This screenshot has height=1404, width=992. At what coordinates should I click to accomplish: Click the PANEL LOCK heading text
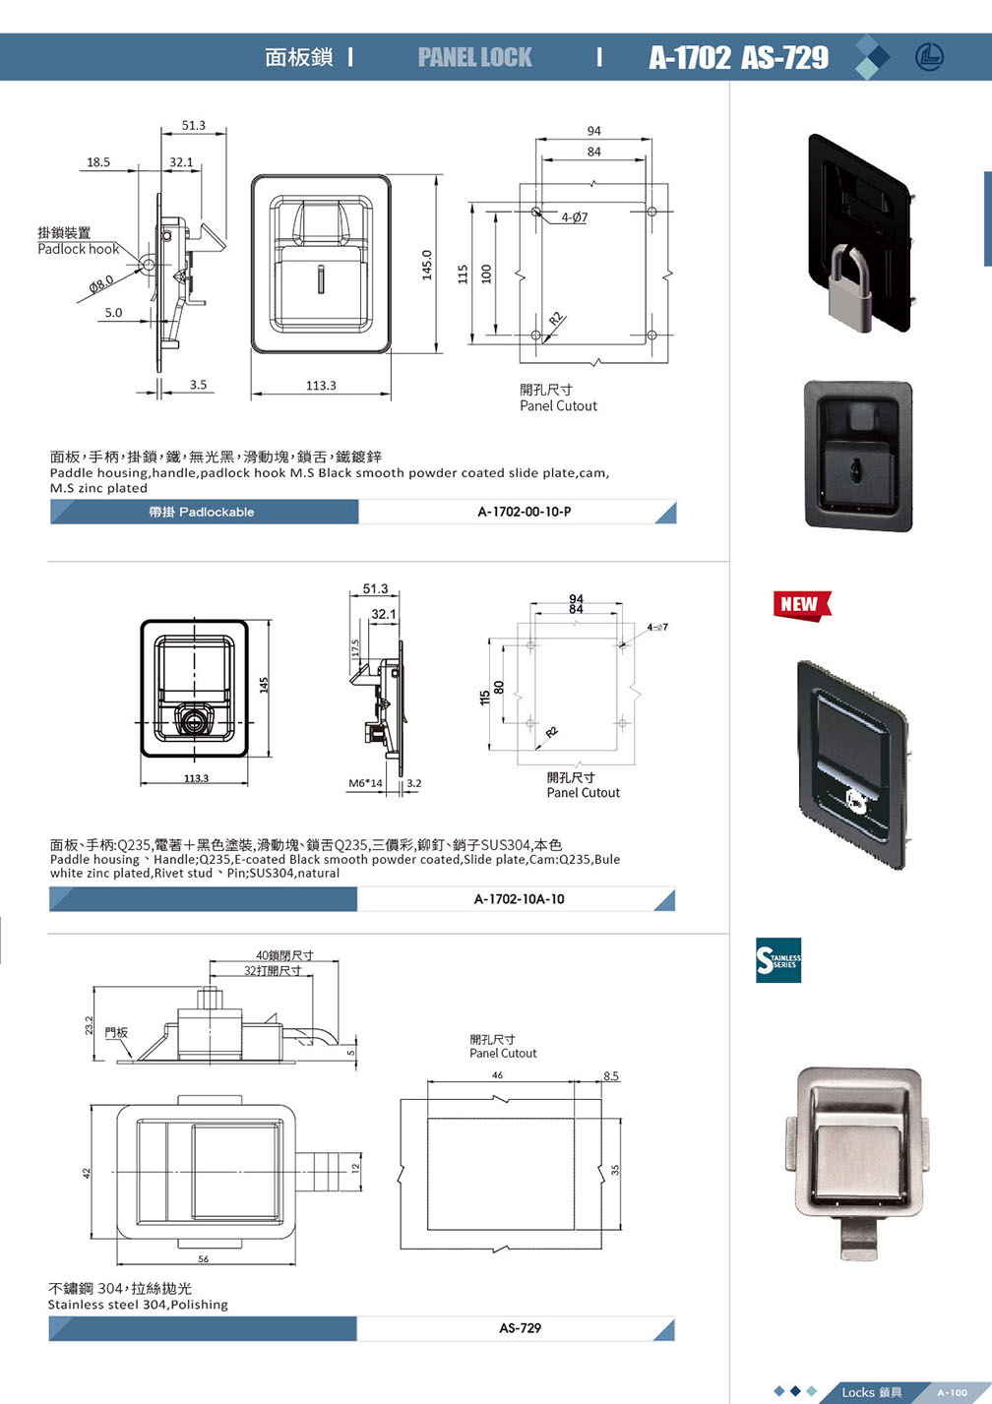[474, 57]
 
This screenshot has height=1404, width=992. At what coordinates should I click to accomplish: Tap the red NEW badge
[801, 604]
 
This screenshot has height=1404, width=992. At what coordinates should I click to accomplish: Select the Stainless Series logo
[777, 960]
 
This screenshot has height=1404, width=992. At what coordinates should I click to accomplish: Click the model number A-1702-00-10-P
[524, 512]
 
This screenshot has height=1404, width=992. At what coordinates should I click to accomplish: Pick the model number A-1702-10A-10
[519, 898]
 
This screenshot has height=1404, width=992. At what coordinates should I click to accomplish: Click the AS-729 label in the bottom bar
[520, 1327]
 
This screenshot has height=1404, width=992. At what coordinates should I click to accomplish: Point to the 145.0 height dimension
[427, 264]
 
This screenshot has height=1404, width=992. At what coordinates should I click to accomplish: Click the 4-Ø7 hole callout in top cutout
[574, 217]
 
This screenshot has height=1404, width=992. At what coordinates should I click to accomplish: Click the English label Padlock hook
[78, 249]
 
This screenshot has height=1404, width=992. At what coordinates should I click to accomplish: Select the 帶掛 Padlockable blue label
[202, 512]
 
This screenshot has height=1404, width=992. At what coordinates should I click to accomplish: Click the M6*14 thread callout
[365, 783]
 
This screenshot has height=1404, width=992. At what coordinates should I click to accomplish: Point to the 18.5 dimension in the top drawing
[98, 162]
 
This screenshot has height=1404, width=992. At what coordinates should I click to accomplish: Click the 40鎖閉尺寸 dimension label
[284, 955]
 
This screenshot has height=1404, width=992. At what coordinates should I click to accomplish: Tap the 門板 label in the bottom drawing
[116, 1032]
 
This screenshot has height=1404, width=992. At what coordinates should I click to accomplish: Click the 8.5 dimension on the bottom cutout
[611, 1076]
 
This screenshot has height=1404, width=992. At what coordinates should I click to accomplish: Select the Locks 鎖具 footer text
[871, 1391]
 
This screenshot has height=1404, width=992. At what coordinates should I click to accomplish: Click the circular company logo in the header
[928, 57]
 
